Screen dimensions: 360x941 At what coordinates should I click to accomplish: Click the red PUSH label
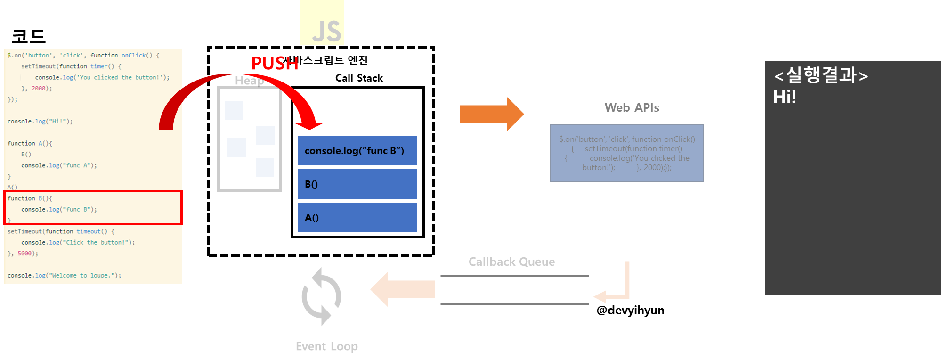tap(275, 64)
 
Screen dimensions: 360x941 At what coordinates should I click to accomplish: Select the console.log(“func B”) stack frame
tap(357, 151)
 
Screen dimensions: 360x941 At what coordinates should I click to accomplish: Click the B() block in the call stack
tap(357, 184)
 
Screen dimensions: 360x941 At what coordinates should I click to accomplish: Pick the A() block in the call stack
tap(357, 218)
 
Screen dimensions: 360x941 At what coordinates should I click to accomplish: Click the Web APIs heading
tap(632, 108)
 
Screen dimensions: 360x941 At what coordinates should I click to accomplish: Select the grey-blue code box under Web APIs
tap(627, 153)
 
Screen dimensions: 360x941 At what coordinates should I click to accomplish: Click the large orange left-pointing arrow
tap(403, 289)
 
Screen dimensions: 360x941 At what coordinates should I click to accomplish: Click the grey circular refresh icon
tap(321, 297)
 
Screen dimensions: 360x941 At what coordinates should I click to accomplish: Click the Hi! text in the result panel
tap(784, 97)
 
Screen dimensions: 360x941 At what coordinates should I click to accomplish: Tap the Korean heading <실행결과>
tap(820, 75)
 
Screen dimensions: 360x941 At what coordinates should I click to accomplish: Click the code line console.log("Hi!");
tap(40, 122)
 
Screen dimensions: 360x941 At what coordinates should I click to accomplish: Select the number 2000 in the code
tap(39, 89)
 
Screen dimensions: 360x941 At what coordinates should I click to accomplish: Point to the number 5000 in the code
tap(24, 254)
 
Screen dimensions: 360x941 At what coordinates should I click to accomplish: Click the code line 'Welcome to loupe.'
tap(64, 276)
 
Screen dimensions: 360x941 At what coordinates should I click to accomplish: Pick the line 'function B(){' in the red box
tap(30, 198)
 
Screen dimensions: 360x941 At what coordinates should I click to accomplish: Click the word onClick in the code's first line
tap(134, 56)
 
